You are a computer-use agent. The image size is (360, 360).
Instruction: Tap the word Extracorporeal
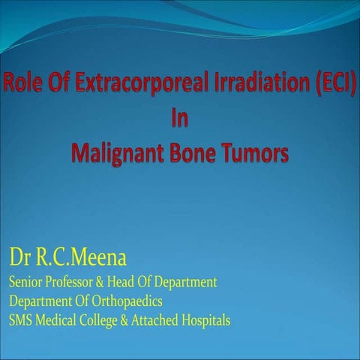121,84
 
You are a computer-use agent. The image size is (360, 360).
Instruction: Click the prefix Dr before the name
19,259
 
